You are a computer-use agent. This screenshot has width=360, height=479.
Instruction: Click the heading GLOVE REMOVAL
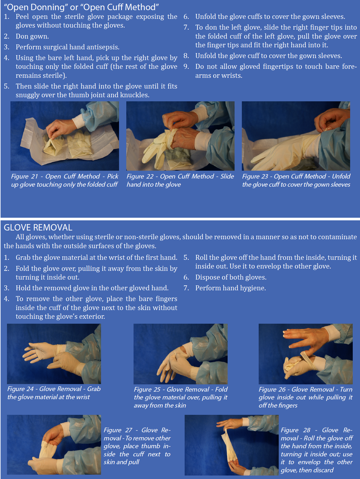[38, 228]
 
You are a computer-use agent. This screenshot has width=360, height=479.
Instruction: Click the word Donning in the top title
[47, 8]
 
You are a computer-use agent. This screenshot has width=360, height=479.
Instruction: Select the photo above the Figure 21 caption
[64, 136]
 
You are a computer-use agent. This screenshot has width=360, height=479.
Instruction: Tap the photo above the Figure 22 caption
[180, 136]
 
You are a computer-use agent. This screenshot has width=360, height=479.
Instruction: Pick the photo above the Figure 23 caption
[296, 136]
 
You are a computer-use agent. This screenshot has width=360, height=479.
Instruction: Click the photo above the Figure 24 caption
[54, 354]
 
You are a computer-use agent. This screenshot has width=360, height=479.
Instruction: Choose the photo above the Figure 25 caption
[181, 354]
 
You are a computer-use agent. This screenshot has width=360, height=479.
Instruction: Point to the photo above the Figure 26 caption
[305, 354]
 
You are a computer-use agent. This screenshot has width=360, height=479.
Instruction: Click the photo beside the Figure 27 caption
[54, 444]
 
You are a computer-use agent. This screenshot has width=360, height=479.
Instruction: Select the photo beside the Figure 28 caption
[231, 445]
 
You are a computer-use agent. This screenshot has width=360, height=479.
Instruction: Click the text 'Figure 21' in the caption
[24, 176]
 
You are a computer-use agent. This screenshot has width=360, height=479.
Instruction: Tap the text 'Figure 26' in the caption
[272, 389]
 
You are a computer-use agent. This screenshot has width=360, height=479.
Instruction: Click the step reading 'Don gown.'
[32, 36]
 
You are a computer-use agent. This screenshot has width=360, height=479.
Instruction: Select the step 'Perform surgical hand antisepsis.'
[67, 47]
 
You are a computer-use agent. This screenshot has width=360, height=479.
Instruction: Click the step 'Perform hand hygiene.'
[231, 288]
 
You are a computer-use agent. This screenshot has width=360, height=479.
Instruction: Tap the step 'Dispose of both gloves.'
[231, 277]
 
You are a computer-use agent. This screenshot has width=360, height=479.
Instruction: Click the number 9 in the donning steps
[186, 66]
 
